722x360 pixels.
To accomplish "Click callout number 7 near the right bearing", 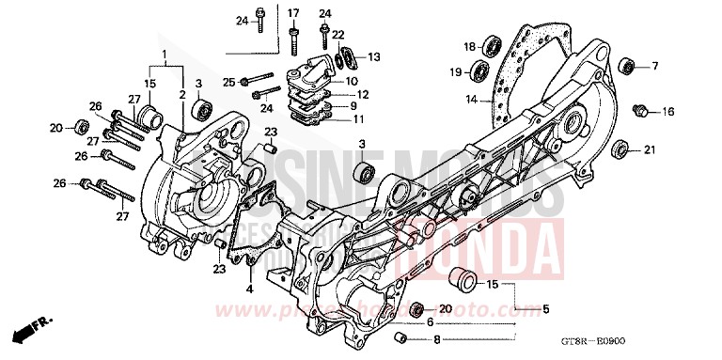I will click(x=656, y=65).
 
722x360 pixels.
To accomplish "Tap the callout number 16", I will click(x=668, y=112).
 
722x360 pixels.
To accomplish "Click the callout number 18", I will click(x=468, y=46).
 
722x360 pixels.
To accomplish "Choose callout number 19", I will click(x=454, y=71).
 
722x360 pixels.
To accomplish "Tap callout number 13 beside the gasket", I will click(x=373, y=57).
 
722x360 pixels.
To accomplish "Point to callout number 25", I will click(x=229, y=83).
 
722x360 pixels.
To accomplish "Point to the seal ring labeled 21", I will click(x=620, y=149).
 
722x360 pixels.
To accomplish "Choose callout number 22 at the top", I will click(x=337, y=34).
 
